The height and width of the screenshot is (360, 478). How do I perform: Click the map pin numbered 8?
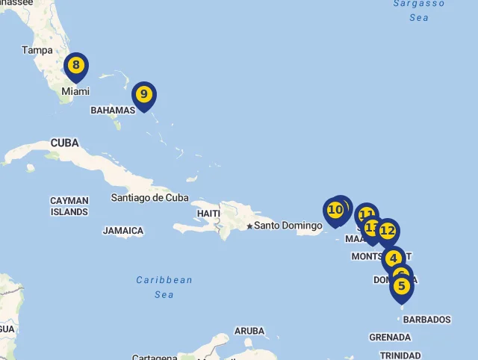point(75,66)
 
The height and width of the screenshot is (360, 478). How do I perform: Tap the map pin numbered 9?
point(143,95)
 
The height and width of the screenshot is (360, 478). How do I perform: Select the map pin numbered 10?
point(335,210)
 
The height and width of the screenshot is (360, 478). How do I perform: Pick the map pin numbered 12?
point(388,231)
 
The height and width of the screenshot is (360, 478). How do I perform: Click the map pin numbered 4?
point(394,259)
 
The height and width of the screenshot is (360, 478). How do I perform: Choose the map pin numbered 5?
point(402,286)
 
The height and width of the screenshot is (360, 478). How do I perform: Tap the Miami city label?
point(75,91)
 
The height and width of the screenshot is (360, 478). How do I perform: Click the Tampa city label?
point(37,50)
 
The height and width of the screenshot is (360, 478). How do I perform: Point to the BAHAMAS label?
point(113,110)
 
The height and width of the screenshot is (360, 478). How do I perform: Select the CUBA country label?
point(64,143)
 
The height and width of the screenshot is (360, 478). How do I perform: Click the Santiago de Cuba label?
point(149,198)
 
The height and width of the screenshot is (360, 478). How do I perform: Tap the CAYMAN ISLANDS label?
point(69,206)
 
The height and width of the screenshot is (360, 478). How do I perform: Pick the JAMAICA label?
point(123,231)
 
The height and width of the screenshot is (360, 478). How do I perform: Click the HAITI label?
point(208,214)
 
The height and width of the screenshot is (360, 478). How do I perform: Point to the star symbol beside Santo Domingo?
point(249,226)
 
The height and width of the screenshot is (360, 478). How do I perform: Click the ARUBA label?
point(249,331)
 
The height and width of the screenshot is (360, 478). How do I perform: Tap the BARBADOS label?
point(427,320)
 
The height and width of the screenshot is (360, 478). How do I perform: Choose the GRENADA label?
point(390,338)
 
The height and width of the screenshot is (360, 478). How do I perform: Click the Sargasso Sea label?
point(419,10)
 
